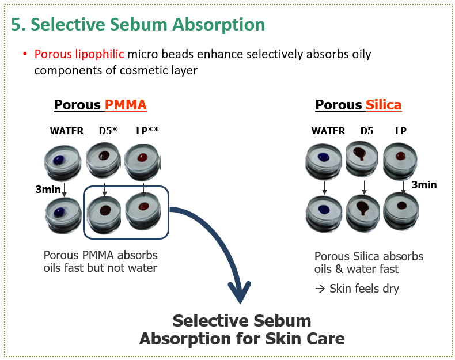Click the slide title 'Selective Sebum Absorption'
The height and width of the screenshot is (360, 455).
(x=138, y=25)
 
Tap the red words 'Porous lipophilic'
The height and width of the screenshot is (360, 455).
(x=79, y=55)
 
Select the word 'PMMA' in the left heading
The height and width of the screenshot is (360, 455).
(x=125, y=105)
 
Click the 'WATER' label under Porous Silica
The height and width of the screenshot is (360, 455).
(x=328, y=131)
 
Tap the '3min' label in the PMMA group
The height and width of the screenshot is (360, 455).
(x=48, y=189)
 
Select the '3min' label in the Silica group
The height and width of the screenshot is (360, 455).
(x=423, y=185)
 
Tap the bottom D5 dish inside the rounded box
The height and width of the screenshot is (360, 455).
(x=105, y=210)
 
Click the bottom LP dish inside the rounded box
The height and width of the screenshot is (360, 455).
(x=143, y=207)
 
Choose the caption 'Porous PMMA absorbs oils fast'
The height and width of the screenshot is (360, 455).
(x=100, y=260)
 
